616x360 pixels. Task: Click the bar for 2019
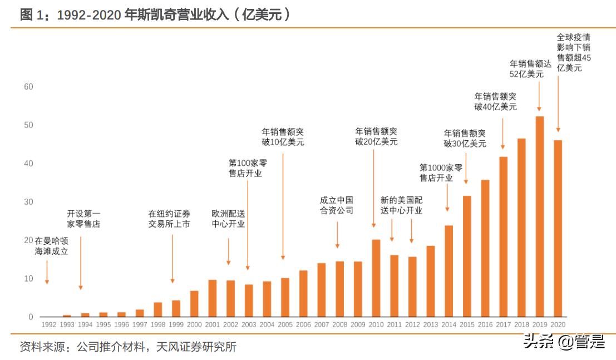click(539, 217)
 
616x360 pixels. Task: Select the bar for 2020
click(557, 228)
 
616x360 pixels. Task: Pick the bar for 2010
click(376, 278)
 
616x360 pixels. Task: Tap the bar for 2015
click(466, 256)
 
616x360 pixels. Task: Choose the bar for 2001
click(212, 298)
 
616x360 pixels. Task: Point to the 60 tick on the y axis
click(28, 87)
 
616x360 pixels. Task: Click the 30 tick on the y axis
click(28, 202)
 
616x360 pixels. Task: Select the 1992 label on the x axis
click(48, 324)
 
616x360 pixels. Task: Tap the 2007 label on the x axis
click(321, 324)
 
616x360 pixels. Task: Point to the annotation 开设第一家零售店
click(83, 219)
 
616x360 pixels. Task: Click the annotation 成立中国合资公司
click(336, 205)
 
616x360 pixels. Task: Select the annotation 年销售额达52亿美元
click(530, 69)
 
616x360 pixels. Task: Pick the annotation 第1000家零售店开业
click(440, 172)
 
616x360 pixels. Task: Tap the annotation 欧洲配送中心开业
click(228, 219)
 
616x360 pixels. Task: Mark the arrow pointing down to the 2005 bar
click(283, 206)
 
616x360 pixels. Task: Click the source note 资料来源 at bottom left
click(128, 347)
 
